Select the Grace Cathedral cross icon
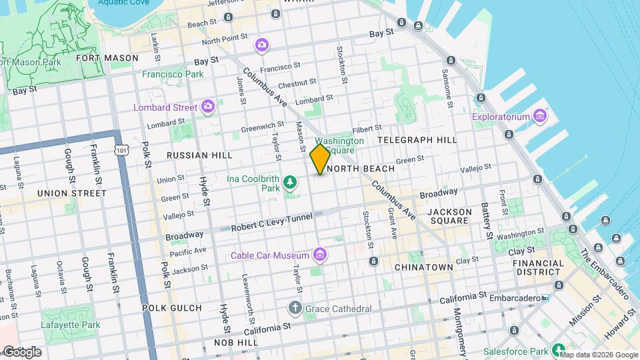click(295, 308)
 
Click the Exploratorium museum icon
click(539, 117)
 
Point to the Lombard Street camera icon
click(208, 107)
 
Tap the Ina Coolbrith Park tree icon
click(290, 181)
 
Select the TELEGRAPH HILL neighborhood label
click(417, 140)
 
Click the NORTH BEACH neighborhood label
click(361, 169)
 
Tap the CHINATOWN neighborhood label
click(423, 267)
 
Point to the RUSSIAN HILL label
click(199, 155)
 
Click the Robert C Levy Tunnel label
click(271, 227)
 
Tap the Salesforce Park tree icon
click(559, 350)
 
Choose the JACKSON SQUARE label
click(449, 217)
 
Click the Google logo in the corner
click(21, 352)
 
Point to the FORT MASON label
click(117, 58)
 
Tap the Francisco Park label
click(173, 74)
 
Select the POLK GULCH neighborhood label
click(171, 307)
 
